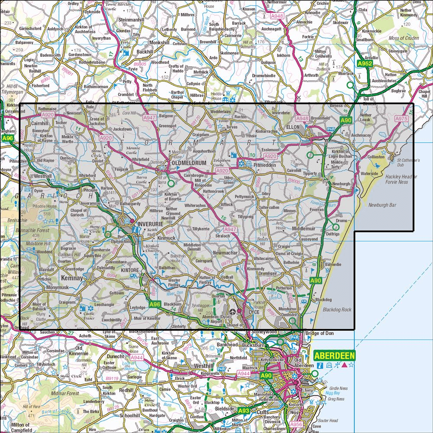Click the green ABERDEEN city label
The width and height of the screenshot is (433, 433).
point(334,356)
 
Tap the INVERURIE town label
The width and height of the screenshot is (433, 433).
point(149,224)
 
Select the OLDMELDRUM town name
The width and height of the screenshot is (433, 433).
point(187,163)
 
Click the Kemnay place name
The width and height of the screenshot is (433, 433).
point(72,278)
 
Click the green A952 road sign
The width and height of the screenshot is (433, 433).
point(365,64)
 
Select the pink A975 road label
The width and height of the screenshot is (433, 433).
point(401,118)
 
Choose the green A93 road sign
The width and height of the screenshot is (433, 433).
point(244,410)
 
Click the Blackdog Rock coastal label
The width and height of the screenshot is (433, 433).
point(337,310)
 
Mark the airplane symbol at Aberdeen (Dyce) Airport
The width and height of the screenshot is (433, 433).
point(233,311)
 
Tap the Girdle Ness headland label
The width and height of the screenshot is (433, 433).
point(338,388)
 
